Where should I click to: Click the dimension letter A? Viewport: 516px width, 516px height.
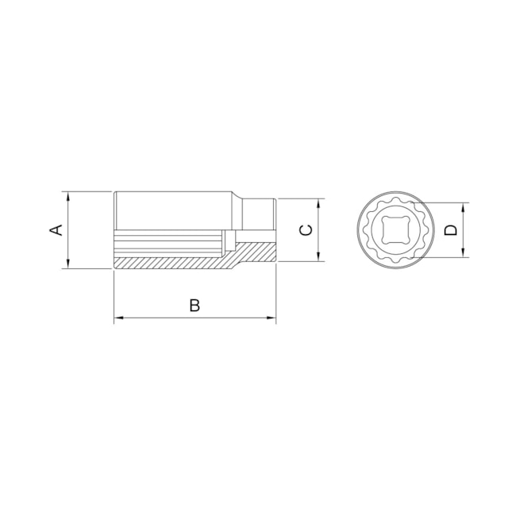click(x=56, y=230)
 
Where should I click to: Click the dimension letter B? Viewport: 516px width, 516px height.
click(x=194, y=305)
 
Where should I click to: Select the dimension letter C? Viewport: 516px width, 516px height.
click(x=306, y=230)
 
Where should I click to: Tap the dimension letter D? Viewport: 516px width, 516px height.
click(x=450, y=230)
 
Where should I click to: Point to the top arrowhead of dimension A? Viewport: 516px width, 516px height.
click(x=69, y=195)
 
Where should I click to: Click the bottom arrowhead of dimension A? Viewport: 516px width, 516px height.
click(x=69, y=265)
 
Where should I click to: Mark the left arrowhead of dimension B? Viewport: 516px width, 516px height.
click(x=119, y=318)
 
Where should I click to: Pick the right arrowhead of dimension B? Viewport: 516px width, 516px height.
click(x=271, y=318)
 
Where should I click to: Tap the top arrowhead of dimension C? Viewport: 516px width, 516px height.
click(x=318, y=202)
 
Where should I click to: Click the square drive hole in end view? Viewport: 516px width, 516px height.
click(x=395, y=229)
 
